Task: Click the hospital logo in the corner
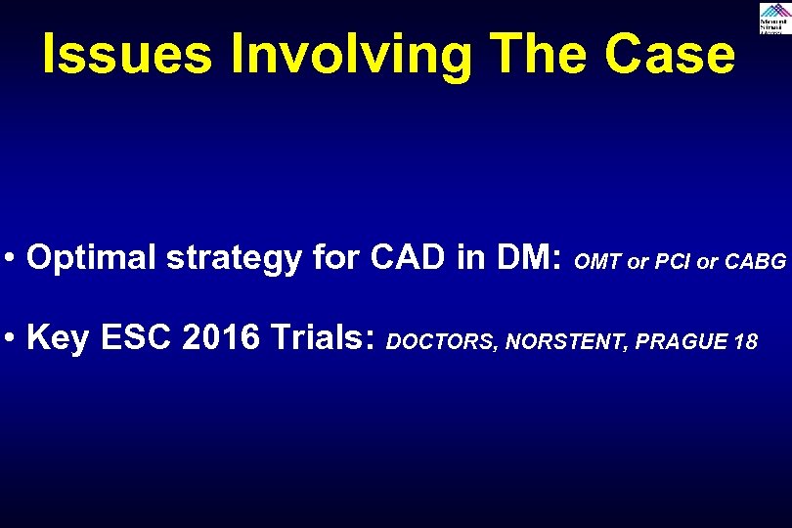(773, 19)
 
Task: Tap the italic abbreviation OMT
(598, 262)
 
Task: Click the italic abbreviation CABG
(755, 262)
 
